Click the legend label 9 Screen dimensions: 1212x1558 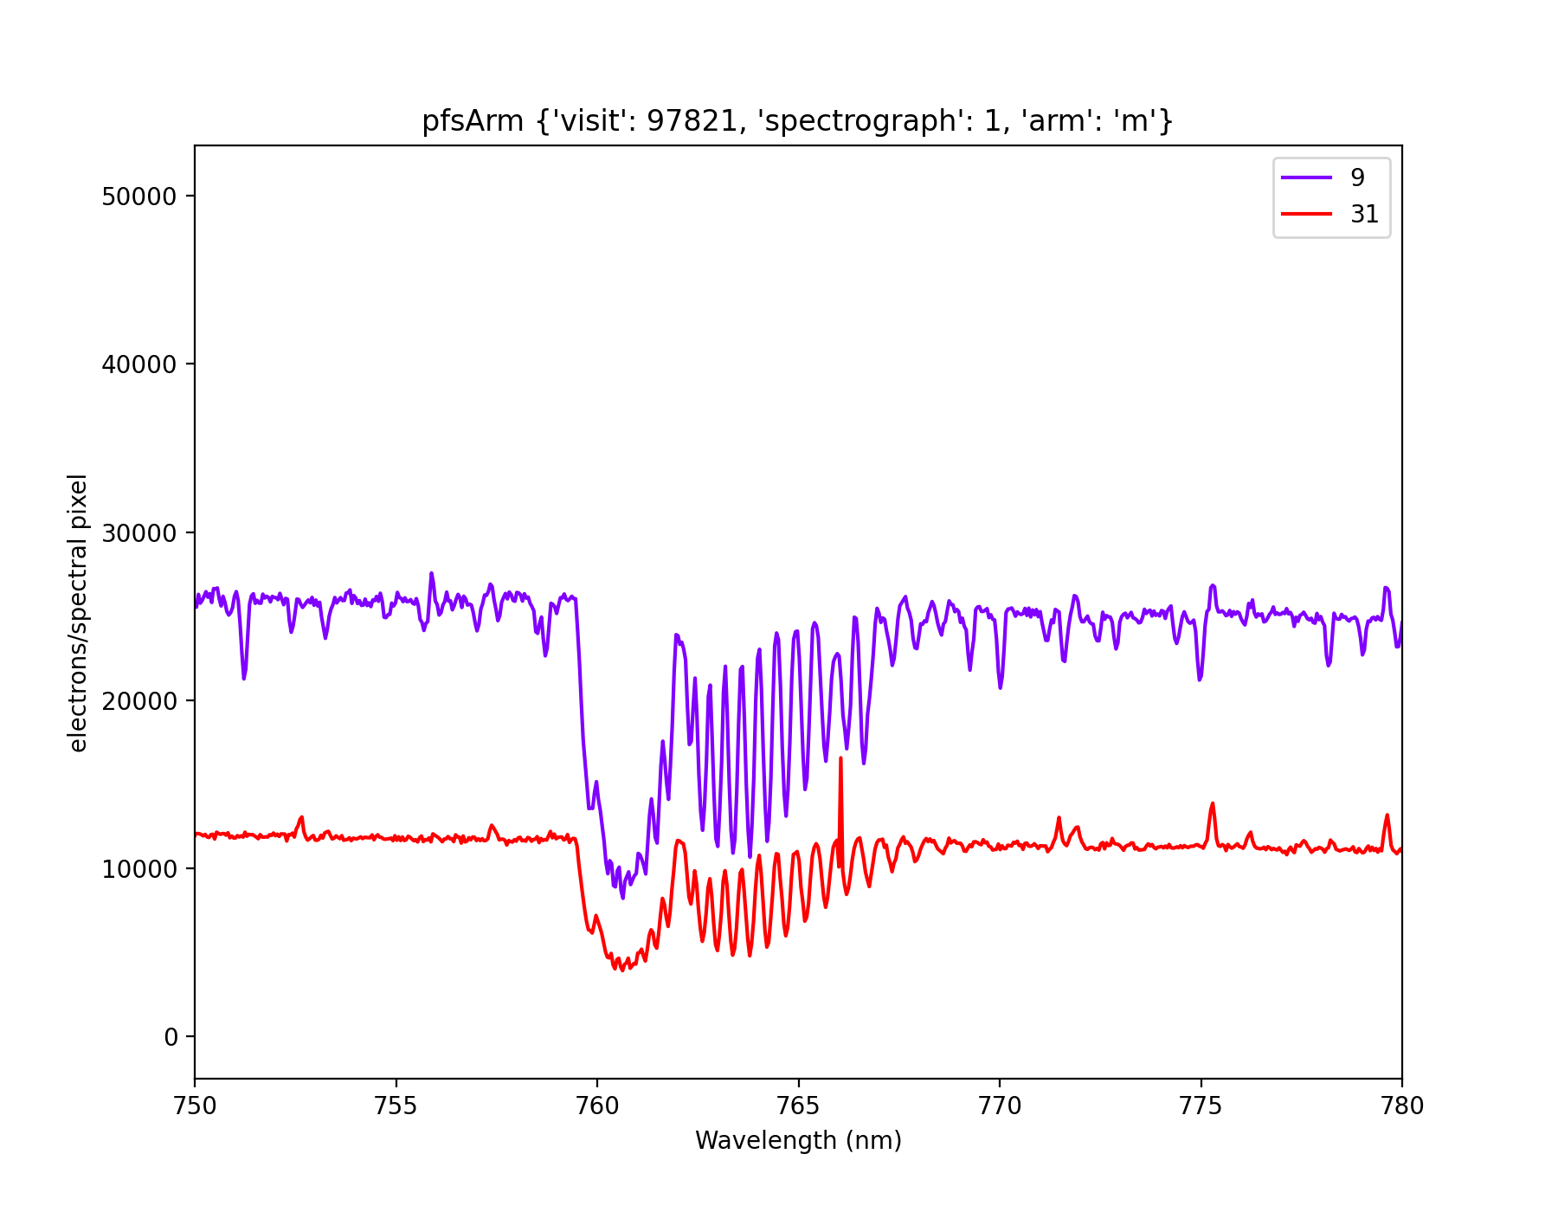tap(1357, 177)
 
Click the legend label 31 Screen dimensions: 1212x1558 tap(1364, 214)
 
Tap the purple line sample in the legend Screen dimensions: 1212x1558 tap(1306, 177)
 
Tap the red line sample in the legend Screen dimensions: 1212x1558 tap(1306, 214)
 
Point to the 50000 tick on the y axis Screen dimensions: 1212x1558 tap(139, 197)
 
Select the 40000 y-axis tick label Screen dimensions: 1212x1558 tap(139, 364)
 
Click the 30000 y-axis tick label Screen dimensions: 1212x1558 tap(139, 532)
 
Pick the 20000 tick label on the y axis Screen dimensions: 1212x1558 tap(139, 700)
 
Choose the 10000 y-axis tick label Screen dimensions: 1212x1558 tap(139, 868)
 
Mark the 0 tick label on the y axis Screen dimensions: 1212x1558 tap(171, 1037)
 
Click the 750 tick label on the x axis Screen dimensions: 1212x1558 tap(195, 1106)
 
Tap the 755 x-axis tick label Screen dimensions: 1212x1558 tap(396, 1106)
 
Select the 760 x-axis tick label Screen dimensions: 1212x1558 tap(597, 1106)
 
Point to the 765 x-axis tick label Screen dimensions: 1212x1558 tap(798, 1106)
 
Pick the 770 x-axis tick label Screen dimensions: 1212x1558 tap(1000, 1106)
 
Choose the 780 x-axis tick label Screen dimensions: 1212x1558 tap(1401, 1106)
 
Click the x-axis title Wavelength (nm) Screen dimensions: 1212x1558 tap(798, 1140)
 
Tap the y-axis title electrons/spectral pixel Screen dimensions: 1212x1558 tap(78, 612)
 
